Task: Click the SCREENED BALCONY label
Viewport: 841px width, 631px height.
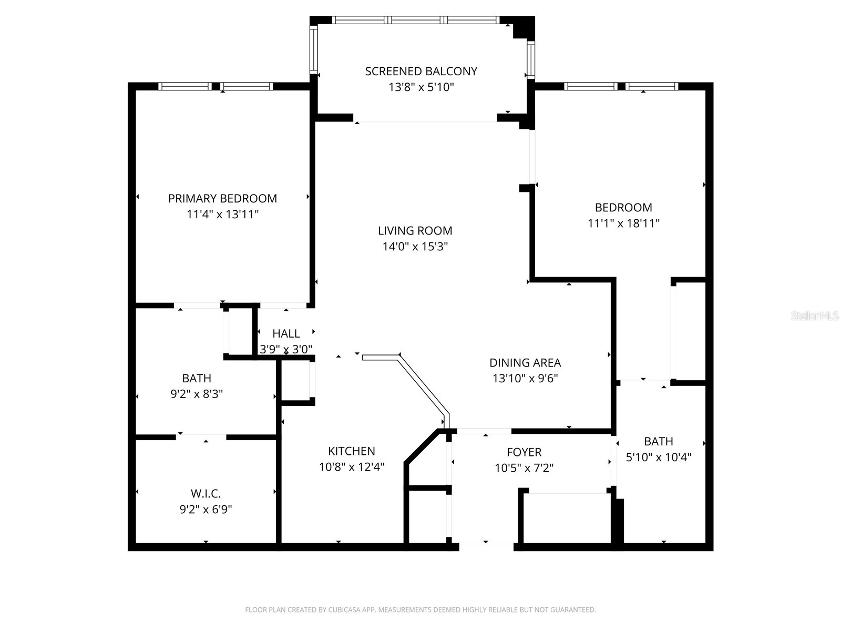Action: pos(421,71)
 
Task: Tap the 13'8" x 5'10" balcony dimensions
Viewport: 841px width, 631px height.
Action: pos(421,87)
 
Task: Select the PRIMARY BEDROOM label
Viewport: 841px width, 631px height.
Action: pos(222,198)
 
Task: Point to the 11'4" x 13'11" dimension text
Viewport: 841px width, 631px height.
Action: pos(222,215)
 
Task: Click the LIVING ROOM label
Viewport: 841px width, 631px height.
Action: pos(415,230)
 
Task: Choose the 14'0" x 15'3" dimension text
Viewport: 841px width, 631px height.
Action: pos(415,247)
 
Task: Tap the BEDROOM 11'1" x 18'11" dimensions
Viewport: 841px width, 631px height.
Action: pos(623,223)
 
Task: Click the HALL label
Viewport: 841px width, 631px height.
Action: pos(286,333)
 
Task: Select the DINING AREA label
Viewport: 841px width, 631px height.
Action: pos(525,362)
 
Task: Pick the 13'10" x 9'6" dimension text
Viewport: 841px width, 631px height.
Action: pos(525,379)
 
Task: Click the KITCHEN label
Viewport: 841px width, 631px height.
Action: pos(351,451)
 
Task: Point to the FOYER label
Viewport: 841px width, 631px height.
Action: pos(524,452)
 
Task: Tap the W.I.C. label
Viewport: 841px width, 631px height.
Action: pos(206,493)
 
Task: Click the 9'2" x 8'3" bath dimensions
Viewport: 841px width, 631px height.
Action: pos(197,394)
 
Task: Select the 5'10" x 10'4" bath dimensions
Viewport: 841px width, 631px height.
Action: pos(658,457)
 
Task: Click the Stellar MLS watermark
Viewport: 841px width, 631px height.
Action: pos(815,316)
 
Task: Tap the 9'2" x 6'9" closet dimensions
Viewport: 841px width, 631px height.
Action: pos(206,510)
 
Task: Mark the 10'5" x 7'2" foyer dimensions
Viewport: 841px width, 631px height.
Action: pos(524,468)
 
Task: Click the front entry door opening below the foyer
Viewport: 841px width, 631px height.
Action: pos(486,546)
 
